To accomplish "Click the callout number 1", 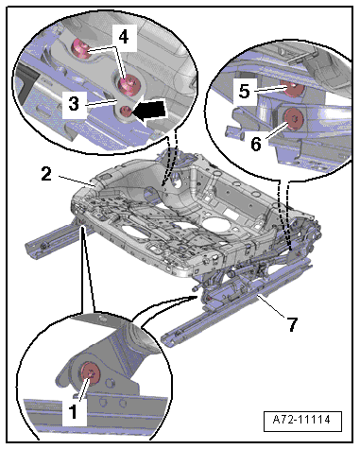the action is tap(73, 411).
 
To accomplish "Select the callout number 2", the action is tap(46, 174).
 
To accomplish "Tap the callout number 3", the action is tap(74, 103).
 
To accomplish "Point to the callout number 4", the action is tap(124, 37).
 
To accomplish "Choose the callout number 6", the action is tap(256, 144).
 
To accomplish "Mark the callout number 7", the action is tap(292, 324).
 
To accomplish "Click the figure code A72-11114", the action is tap(301, 420).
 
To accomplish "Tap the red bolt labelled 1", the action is tap(91, 374).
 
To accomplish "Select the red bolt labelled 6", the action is tap(294, 119).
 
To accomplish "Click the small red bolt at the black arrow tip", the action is tap(127, 112).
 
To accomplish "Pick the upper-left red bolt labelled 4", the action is tap(80, 48).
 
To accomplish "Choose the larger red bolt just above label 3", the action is tap(129, 85).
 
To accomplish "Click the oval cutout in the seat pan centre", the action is tap(218, 224).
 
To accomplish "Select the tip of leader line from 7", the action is tap(258, 295).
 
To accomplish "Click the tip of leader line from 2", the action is tap(94, 186).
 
